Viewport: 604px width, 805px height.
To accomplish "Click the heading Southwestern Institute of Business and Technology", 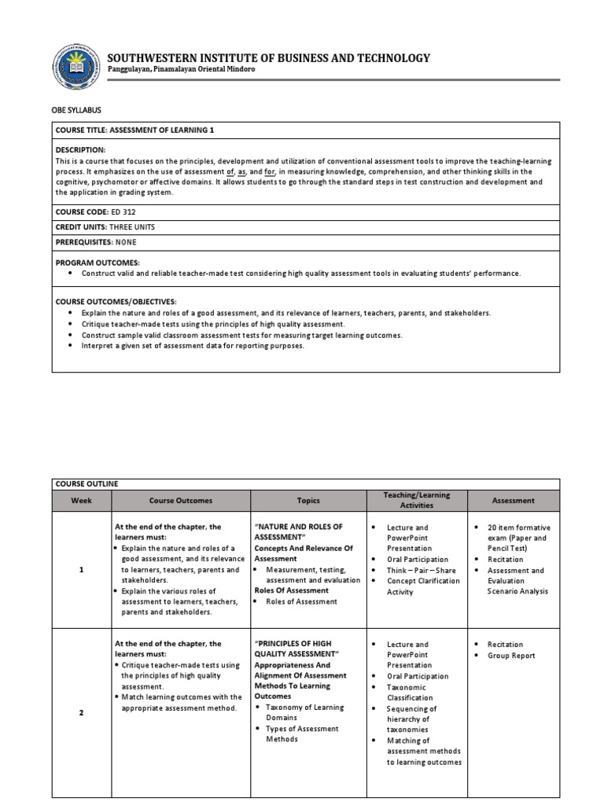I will click(268, 57).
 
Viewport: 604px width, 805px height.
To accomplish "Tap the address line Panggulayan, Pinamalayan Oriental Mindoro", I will click(181, 69).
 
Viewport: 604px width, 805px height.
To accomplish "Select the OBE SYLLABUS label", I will click(77, 110).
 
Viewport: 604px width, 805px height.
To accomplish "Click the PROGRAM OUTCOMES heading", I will click(98, 261).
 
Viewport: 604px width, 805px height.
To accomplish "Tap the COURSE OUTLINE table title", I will click(87, 484).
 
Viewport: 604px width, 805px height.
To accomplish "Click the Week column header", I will click(81, 500).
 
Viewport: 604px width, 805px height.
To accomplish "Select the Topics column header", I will click(308, 500).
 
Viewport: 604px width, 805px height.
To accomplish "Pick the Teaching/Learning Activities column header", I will click(416, 500).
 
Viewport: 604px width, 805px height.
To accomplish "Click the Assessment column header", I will click(513, 500).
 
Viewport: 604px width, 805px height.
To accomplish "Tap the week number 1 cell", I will click(81, 570).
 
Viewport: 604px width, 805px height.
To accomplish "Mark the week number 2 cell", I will click(81, 712).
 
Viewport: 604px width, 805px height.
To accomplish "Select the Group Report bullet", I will click(511, 655).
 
